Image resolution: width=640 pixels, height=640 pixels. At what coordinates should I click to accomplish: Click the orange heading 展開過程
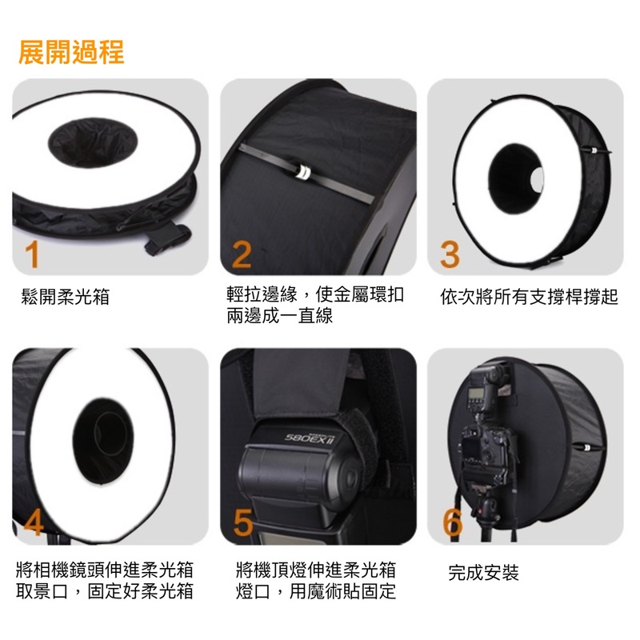(x=71, y=52)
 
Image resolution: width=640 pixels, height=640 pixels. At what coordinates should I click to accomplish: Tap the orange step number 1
(x=32, y=254)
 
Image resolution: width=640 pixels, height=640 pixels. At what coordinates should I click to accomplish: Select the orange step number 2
(x=242, y=254)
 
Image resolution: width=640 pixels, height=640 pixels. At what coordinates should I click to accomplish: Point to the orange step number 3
(x=450, y=254)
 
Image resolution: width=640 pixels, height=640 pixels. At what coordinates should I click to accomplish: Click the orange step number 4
(x=34, y=522)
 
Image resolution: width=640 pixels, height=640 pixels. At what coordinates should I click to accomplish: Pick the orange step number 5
(x=243, y=522)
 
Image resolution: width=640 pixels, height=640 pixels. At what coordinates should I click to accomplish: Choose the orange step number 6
(x=453, y=522)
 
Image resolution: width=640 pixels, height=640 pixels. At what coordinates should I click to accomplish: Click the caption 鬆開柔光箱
(x=66, y=296)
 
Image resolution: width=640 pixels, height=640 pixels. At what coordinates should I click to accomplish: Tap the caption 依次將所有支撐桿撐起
(x=529, y=296)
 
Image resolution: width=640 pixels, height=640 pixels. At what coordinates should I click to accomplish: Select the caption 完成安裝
(x=484, y=572)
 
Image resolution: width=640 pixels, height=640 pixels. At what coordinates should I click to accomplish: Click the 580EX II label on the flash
(x=310, y=438)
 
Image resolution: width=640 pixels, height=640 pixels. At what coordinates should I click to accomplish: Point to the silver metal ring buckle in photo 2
(x=303, y=172)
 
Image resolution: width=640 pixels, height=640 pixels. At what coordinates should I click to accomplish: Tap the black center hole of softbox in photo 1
(x=93, y=142)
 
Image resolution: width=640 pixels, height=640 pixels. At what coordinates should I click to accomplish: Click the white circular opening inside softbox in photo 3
(x=538, y=179)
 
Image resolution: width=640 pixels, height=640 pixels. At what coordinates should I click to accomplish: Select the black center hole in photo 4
(x=103, y=442)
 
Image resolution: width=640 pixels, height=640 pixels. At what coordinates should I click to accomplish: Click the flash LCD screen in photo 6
(x=475, y=394)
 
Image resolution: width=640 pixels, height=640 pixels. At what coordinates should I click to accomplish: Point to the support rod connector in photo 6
(x=587, y=447)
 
